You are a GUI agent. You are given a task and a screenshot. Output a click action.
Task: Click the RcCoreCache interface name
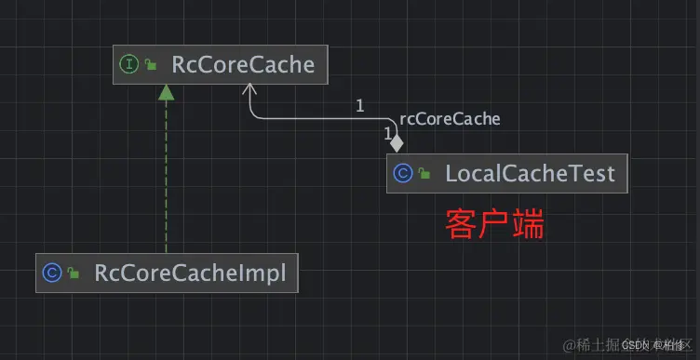243,65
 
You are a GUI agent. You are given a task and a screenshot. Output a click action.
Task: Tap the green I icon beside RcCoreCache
129,65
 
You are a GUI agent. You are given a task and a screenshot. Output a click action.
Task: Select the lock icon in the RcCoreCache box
150,66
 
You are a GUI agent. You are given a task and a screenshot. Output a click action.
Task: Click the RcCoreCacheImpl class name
190,273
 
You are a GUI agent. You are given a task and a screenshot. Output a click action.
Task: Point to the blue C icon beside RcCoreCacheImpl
52,273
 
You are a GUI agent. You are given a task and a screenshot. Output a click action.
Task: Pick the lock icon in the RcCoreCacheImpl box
73,274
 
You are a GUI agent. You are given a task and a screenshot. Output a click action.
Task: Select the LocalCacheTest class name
530,173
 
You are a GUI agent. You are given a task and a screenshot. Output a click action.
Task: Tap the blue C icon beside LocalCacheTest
403,173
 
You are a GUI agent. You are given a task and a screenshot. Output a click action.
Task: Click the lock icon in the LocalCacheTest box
424,174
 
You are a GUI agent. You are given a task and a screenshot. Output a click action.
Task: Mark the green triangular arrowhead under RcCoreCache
166,91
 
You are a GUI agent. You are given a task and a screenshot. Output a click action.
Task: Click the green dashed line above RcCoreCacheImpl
166,177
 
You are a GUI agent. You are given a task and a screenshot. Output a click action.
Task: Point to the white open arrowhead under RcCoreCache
250,89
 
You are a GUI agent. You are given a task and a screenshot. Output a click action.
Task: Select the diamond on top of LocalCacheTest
397,143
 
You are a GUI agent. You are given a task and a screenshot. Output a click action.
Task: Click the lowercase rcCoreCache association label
450,119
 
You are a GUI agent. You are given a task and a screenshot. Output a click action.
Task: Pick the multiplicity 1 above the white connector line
359,105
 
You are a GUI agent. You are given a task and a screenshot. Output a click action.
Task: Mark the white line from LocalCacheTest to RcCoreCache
316,119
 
